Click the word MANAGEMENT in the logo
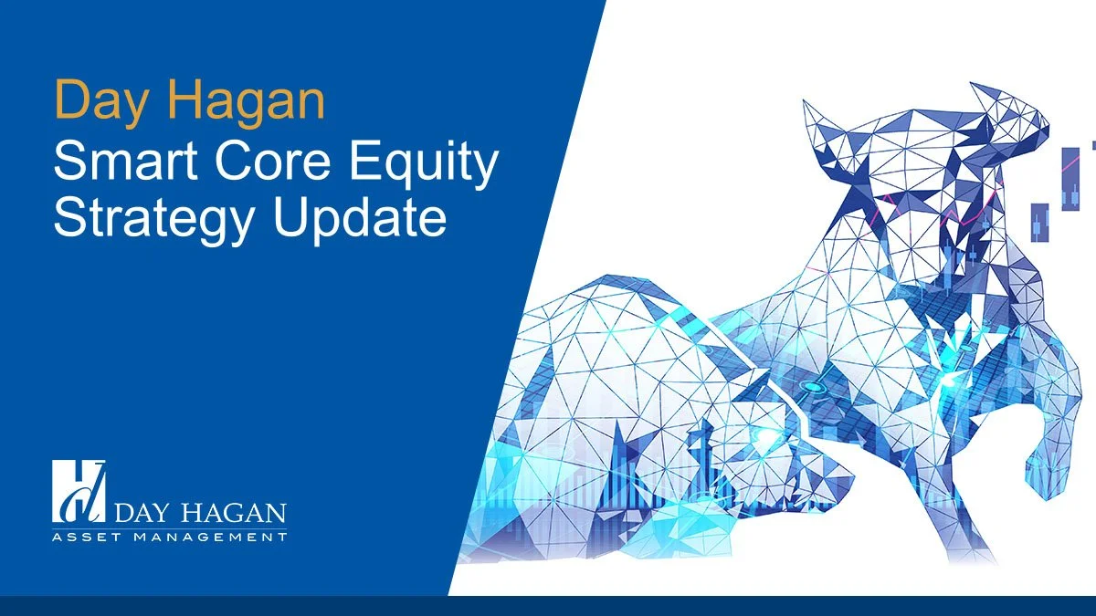coord(211,538)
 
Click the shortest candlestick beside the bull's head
coord(1038,222)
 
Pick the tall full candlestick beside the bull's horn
coord(1070,178)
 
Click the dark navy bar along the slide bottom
coord(548,606)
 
